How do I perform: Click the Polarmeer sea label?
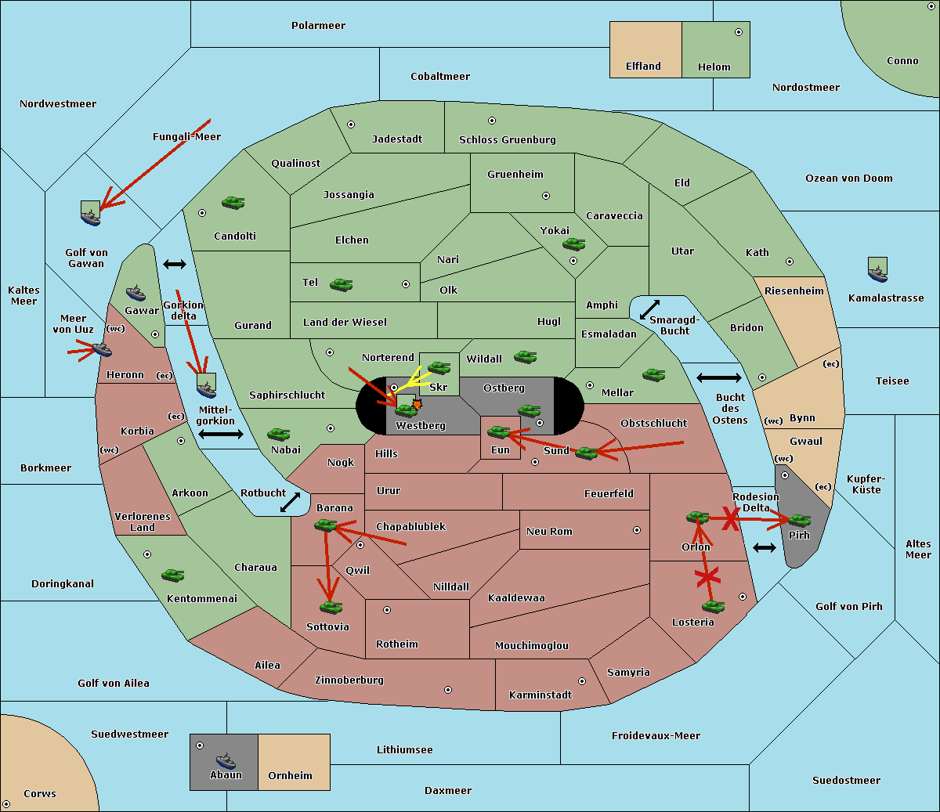(318, 26)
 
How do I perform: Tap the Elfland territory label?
(643, 67)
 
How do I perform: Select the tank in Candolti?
(233, 202)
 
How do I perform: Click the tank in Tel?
(341, 285)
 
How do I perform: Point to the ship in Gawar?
(136, 294)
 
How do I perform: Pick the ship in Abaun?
(226, 760)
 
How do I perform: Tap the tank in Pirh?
(799, 521)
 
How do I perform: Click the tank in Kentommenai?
(172, 576)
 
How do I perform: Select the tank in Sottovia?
(331, 607)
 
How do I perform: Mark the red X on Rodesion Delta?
(730, 518)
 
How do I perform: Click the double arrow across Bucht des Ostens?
(718, 378)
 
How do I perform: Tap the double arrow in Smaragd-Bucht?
(649, 309)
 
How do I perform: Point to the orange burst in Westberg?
(417, 404)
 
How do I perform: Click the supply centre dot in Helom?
(738, 32)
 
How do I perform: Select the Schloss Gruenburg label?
(507, 140)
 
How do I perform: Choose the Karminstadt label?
(540, 695)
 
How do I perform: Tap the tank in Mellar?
(653, 375)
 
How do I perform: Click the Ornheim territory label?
(290, 776)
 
